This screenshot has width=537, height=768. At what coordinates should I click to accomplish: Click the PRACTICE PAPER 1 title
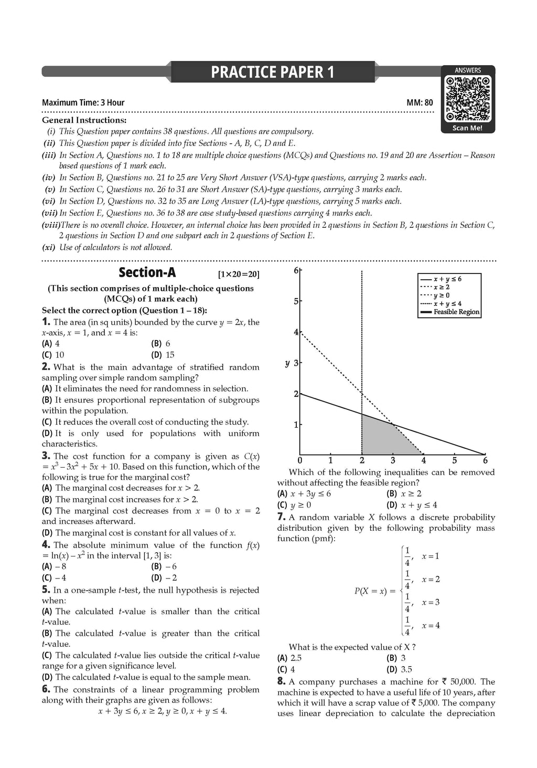pyautogui.click(x=272, y=72)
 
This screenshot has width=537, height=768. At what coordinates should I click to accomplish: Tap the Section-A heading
pyautogui.click(x=147, y=272)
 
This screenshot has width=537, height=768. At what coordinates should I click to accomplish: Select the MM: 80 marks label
pyautogui.click(x=420, y=103)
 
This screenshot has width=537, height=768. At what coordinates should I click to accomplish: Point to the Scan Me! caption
pyautogui.click(x=467, y=128)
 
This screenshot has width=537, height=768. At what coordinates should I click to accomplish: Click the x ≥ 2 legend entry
pyautogui.click(x=441, y=287)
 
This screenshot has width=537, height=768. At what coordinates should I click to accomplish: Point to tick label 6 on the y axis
pyautogui.click(x=296, y=270)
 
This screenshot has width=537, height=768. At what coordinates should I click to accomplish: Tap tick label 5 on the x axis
pyautogui.click(x=454, y=461)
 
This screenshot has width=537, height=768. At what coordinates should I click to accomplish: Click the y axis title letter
pyautogui.click(x=287, y=363)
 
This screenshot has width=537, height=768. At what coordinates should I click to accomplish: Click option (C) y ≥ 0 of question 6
pyautogui.click(x=294, y=505)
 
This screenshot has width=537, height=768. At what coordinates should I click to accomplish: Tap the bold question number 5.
pyautogui.click(x=46, y=590)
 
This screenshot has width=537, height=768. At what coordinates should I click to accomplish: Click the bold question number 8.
pyautogui.click(x=281, y=681)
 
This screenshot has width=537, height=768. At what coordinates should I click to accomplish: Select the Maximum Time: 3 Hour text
pyautogui.click(x=83, y=103)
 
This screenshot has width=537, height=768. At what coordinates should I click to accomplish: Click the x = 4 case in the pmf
pyautogui.click(x=431, y=626)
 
